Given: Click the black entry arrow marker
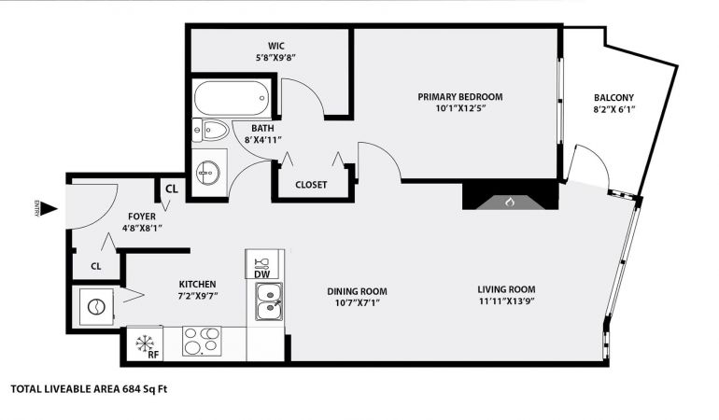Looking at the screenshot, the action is pos(49,210).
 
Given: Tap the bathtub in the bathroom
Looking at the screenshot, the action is pos(232,98).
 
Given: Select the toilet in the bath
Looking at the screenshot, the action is pos(210,131).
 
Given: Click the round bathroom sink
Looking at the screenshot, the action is pos(209,173).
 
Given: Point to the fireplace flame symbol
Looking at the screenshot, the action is pos(510,202).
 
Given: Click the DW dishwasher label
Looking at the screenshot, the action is pos(261,274).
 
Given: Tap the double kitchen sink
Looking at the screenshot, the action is pos(269,301).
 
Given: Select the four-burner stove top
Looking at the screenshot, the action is pos(202,341).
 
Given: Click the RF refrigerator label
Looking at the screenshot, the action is pos(153,355).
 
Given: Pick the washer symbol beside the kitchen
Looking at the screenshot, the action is pos(96,307).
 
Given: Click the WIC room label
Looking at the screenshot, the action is pos(276,46).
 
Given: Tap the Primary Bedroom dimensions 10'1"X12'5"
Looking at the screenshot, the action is pos(460,108).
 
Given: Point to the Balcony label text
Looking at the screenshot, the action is pos(613,98).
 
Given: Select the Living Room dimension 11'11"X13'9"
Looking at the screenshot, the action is pos(506,301).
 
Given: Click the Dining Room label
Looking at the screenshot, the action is pos(357,291).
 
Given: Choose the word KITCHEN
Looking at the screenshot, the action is pos(197,285).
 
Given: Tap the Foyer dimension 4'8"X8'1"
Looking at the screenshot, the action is pos(142,228).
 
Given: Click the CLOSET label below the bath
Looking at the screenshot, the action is pos(311,185).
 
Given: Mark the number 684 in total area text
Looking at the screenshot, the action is pos(131,389).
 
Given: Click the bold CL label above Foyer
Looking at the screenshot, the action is pos(172,189).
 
